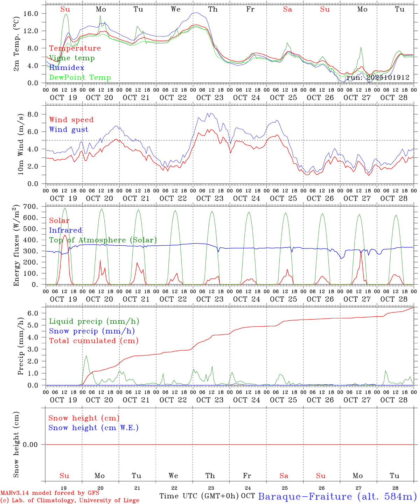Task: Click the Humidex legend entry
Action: point(67,68)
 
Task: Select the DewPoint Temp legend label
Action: point(80,77)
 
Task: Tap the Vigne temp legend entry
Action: point(72,58)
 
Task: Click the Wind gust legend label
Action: point(69,129)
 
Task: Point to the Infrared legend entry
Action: point(65,230)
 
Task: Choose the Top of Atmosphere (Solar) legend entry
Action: point(103,240)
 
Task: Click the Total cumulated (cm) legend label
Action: point(93,341)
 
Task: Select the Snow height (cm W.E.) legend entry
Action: point(93,428)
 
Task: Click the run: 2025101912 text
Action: point(378,77)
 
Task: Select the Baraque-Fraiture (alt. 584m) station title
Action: point(337,496)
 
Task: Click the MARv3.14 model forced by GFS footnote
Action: point(50,493)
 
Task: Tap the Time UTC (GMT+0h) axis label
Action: point(199,496)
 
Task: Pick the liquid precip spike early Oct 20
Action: point(86,356)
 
